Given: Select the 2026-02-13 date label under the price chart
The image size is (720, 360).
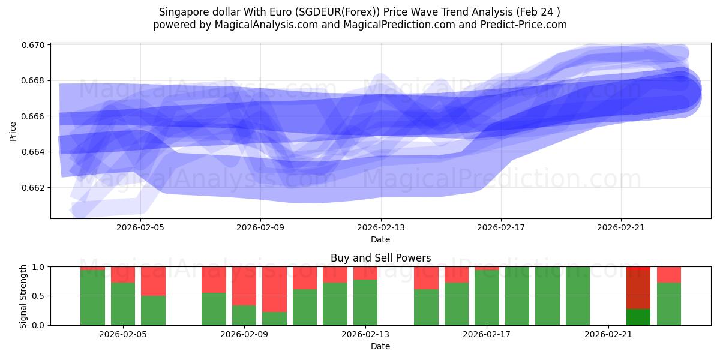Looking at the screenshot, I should coord(381,227).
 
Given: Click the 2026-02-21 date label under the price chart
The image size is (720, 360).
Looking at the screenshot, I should coord(621,227).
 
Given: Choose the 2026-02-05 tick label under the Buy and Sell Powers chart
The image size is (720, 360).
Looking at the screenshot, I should coord(123,334).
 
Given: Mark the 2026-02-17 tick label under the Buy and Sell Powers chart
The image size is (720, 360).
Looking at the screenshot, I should coord(487,334).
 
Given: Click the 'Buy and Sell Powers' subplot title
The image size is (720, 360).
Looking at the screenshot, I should coord(380,258).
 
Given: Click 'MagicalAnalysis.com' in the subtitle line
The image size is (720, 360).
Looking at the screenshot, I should coord(262,25).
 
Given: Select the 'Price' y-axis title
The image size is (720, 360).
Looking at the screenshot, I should coord(13,131).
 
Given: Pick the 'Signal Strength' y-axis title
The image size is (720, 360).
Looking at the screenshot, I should coord(23,296).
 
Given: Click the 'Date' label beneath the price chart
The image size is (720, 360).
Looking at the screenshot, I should coord(380,239).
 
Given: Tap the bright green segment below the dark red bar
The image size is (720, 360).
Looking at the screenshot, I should coord(638,317).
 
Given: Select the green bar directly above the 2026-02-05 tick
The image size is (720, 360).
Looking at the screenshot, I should coord(123,304).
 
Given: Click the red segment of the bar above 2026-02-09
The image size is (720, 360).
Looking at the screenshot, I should coord(244,286).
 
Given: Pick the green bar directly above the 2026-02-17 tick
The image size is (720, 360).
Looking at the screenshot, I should coord(487,298).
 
